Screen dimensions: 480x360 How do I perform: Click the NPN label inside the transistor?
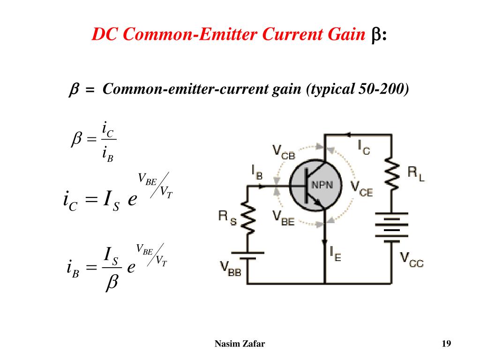click(322, 185)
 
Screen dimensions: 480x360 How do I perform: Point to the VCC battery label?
click(412, 260)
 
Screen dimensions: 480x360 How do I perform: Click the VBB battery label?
click(231, 269)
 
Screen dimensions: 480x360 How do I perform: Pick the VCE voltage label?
click(361, 188)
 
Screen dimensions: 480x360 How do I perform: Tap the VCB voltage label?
click(284, 152)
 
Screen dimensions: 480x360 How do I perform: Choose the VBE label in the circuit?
click(284, 218)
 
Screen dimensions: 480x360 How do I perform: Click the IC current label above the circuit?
click(364, 147)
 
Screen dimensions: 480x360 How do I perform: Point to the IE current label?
click(336, 254)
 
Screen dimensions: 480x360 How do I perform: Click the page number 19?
click(446, 344)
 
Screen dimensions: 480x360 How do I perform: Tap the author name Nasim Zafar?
click(240, 344)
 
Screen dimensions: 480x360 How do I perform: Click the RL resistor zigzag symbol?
click(392, 173)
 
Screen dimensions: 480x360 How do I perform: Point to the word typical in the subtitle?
click(332, 90)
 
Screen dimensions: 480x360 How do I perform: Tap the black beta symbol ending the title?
click(376, 35)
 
